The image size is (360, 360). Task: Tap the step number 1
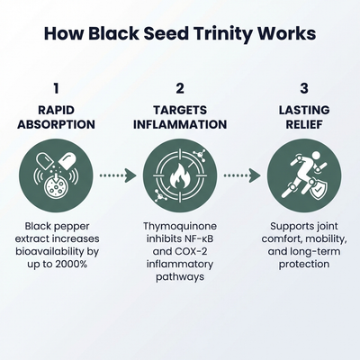coord(56,88)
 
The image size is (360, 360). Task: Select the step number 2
coord(179,88)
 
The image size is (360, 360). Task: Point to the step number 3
coord(303,88)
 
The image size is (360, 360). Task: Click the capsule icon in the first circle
coord(56,174)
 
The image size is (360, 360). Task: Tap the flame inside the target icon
coord(180,175)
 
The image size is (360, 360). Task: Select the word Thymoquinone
coord(179,224)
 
